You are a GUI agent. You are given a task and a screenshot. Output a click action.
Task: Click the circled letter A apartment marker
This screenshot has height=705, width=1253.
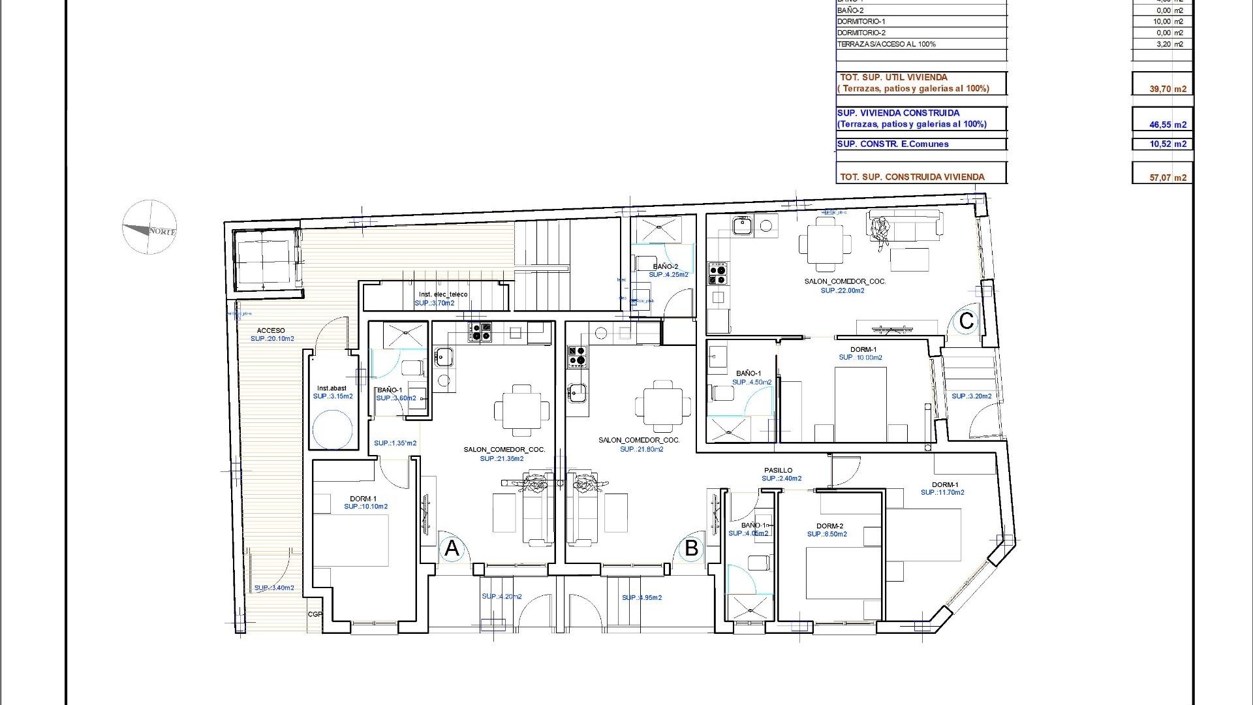[452, 549]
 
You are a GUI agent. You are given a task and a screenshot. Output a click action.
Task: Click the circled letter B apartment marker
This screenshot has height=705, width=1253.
[691, 548]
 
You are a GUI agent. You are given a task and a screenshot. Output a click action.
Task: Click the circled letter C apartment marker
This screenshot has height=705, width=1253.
[966, 321]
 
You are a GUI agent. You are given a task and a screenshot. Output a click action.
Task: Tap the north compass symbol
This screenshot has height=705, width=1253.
[149, 228]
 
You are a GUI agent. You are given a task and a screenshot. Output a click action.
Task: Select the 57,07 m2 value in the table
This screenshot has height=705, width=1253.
[1168, 177]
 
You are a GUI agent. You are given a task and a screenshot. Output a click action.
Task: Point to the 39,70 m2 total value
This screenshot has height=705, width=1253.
[1168, 89]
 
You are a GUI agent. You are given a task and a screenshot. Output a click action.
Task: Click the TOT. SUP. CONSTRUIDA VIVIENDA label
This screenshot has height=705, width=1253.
[912, 177]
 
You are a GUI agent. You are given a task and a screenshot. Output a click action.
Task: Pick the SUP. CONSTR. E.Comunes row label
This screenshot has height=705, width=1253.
[892, 144]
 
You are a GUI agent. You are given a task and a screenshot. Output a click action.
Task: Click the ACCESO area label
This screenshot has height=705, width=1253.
[271, 331]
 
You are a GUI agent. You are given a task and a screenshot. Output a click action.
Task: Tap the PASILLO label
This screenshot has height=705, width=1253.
[778, 470]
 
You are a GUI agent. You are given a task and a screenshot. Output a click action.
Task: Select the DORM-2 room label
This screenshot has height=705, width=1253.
[829, 526]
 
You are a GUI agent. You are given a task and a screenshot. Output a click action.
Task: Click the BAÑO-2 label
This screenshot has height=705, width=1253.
[665, 266]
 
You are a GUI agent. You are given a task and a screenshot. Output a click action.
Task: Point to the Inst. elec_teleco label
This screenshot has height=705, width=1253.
[443, 294]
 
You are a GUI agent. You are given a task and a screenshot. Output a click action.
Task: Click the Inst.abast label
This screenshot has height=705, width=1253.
[332, 388]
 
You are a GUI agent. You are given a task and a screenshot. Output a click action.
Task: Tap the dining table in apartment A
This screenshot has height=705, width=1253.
[521, 411]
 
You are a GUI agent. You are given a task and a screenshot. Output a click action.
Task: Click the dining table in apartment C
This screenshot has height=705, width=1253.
[825, 244]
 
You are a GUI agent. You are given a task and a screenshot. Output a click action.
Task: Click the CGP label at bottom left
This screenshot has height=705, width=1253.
[315, 614]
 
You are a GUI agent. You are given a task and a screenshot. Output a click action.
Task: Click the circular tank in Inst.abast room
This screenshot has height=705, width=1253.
[332, 430]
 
